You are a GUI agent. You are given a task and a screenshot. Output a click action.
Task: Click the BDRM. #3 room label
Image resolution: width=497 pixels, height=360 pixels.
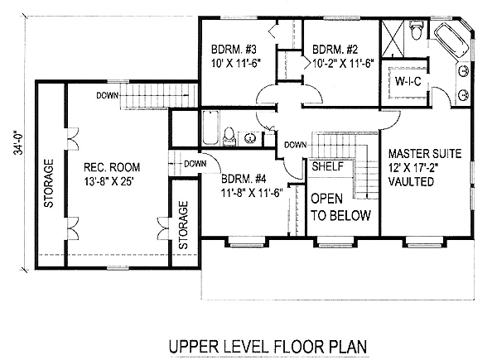click(x=234, y=50)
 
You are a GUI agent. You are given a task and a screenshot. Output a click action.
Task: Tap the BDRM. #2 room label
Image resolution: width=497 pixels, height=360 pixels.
click(x=335, y=50)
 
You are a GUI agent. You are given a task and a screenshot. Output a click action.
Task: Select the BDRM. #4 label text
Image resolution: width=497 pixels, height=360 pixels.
click(x=244, y=179)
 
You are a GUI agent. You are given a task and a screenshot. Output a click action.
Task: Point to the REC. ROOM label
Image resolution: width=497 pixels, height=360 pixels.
click(x=112, y=167)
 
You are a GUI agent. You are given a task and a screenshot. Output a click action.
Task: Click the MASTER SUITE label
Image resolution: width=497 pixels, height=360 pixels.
click(x=425, y=154)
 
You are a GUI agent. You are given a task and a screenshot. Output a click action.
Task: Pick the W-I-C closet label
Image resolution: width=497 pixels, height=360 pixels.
click(x=408, y=81)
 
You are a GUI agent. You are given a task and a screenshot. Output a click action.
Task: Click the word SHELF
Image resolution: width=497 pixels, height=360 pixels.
click(x=328, y=166)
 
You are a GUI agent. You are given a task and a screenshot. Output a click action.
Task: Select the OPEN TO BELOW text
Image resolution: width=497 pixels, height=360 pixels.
click(x=340, y=207)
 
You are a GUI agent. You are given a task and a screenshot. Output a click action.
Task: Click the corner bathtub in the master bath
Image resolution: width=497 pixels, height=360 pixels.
click(x=452, y=41)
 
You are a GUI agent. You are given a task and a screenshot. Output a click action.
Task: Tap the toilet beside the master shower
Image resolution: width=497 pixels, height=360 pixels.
click(x=416, y=30)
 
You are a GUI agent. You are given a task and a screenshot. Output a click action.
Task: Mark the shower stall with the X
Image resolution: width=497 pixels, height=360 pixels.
click(x=393, y=38)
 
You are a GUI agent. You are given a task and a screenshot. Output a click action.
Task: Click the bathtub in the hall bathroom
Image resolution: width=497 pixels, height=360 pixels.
click(x=210, y=127)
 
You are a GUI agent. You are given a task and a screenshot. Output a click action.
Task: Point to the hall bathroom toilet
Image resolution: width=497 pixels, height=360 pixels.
click(x=229, y=136)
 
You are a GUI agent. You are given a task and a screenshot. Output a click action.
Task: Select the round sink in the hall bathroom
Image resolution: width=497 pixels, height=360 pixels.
click(x=250, y=137)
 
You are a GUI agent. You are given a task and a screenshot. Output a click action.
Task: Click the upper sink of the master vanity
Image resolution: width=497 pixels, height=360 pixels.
click(x=463, y=71)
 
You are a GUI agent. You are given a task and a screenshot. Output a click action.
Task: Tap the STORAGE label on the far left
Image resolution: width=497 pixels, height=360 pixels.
click(x=49, y=184)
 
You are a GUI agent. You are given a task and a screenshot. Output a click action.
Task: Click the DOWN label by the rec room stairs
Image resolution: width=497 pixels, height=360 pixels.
click(x=108, y=95)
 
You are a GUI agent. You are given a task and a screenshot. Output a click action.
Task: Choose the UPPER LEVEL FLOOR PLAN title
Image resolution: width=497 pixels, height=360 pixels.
click(x=268, y=347)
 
